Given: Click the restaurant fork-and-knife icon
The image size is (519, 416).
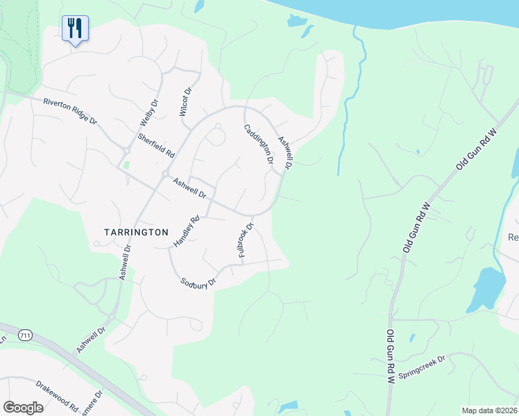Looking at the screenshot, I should click(x=75, y=28).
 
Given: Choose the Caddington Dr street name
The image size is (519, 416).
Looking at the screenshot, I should click(x=257, y=144).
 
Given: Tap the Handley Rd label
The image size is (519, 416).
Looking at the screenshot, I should click(x=186, y=232).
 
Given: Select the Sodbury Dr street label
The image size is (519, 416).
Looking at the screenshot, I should click(x=198, y=282).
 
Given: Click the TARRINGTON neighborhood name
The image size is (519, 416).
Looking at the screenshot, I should click(x=136, y=232).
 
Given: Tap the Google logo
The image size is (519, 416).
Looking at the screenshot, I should click(x=24, y=407).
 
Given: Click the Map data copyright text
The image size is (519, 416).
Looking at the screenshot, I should click(x=490, y=410).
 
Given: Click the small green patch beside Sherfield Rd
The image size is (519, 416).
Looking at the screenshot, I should click(x=126, y=165).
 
